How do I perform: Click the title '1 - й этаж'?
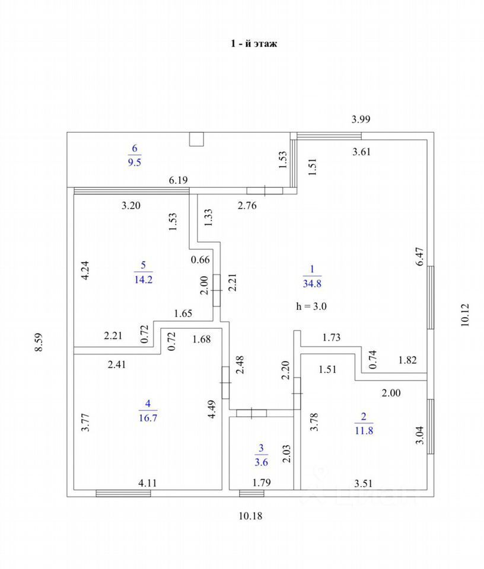pos(254,44)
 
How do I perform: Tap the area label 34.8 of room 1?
pos(312,283)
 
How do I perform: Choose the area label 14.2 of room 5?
pos(144,280)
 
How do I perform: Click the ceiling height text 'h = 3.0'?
pos(311,306)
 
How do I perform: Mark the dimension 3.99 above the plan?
pos(361,119)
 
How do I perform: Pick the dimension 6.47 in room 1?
pos(420,259)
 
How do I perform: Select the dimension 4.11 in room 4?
pos(148,484)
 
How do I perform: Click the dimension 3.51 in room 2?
pos(363,484)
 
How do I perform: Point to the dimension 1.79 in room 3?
pos(258,484)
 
